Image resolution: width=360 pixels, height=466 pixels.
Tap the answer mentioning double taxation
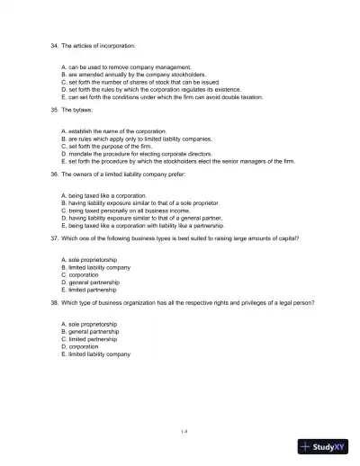[x=161, y=96]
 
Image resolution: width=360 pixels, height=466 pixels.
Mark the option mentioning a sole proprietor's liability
[x=144, y=204]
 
